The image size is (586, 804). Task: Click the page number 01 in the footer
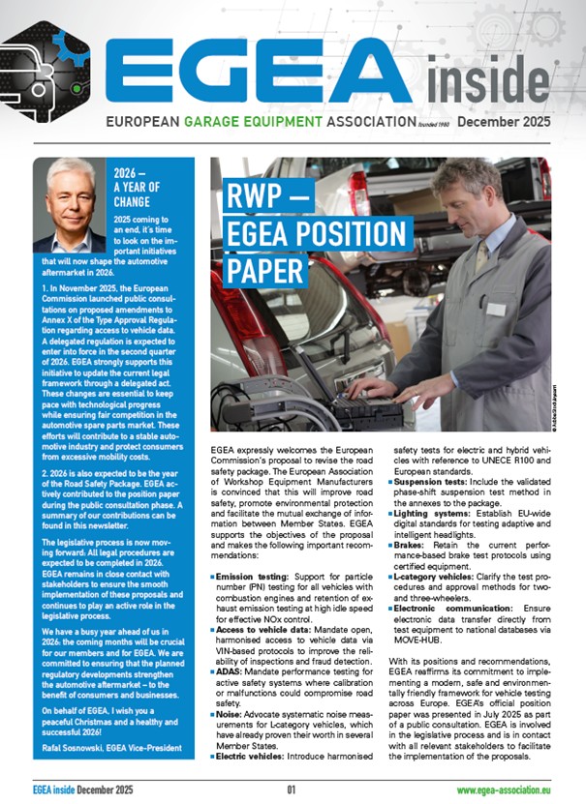coord(293,789)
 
